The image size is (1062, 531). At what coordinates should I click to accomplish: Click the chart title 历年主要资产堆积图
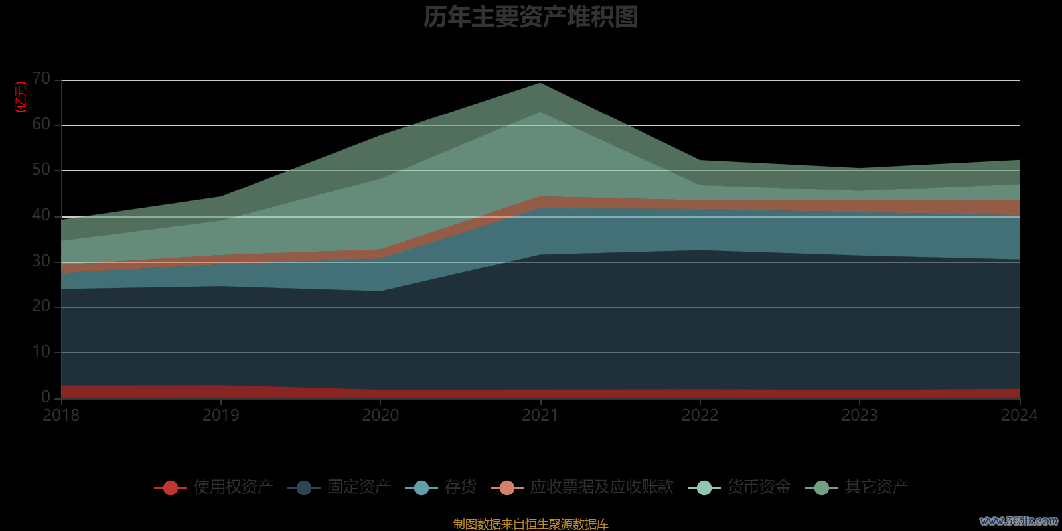pos(530,17)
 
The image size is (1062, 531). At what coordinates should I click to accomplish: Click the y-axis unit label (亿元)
pos(21,97)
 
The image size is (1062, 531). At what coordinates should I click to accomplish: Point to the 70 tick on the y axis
pos(41,79)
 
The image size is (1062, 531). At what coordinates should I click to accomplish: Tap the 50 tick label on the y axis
pos(41,170)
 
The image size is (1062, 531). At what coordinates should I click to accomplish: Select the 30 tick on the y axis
pos(41,261)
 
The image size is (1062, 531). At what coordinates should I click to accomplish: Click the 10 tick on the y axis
pos(41,352)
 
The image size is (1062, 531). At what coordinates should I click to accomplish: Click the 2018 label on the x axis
pos(61,416)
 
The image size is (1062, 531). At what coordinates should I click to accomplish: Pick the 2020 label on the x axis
pos(380,416)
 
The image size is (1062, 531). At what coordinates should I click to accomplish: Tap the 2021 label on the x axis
pos(540,416)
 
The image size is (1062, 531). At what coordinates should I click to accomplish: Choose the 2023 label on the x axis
pos(860,416)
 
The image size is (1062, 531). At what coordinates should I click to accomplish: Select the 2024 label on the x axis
pos(1019,416)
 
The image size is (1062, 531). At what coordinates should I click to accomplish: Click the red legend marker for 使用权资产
pos(171,488)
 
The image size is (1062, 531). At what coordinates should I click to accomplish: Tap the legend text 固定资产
pos(358,487)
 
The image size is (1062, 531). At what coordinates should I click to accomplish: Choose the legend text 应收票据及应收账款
pos(601,487)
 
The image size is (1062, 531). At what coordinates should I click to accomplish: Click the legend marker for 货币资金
pos(704,488)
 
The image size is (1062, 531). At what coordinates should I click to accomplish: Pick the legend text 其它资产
pos(876,487)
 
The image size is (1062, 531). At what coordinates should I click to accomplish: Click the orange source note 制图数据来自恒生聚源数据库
pos(530,524)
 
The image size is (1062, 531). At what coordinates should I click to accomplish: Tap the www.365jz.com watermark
pos(1018,521)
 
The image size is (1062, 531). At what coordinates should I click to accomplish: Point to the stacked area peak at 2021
pos(540,84)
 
